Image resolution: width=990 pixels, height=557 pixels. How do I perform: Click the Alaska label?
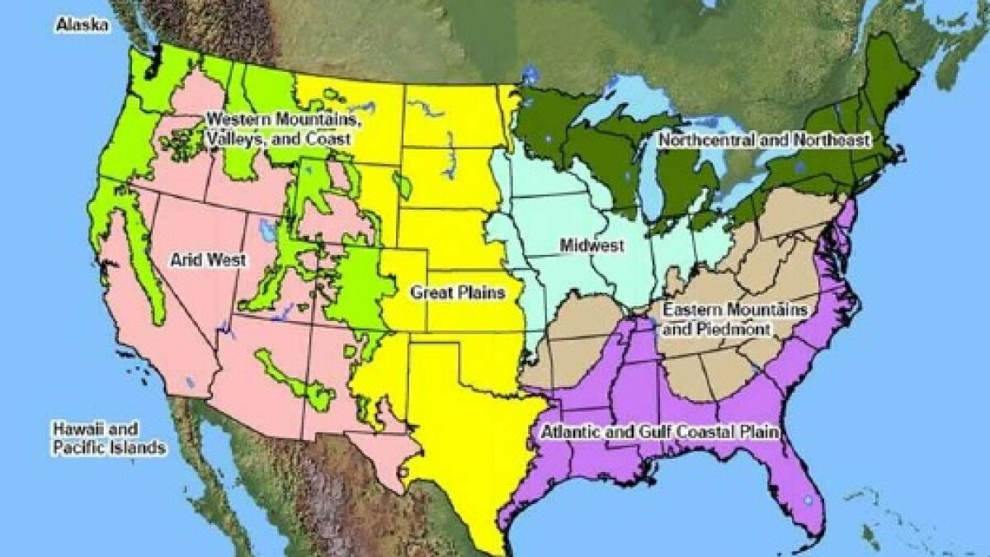82,26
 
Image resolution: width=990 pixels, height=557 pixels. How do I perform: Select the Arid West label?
208,260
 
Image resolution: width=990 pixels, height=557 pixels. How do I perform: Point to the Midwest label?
591,245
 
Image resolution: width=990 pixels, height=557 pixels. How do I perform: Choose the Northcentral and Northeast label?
764,140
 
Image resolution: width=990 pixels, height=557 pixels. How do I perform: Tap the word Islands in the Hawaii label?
136,448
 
